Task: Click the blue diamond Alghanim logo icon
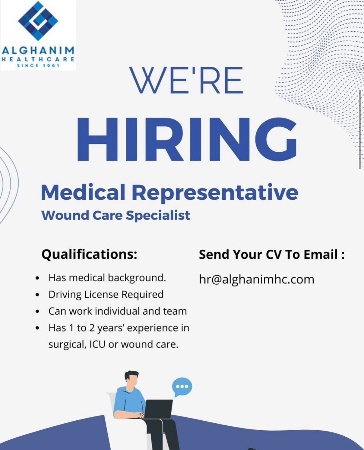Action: tap(38, 21)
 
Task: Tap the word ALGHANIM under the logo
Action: tap(38, 50)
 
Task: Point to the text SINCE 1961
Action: tap(38, 65)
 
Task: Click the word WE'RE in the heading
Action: tap(186, 80)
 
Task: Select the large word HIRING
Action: tap(187, 140)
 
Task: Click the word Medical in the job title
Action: tap(83, 192)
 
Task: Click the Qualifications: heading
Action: tap(89, 254)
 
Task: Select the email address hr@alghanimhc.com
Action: tap(256, 280)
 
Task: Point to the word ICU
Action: tap(97, 344)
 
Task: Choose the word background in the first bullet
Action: tap(137, 278)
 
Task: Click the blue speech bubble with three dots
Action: tap(182, 387)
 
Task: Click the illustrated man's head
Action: tap(131, 379)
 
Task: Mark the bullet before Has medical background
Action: tap(38, 278)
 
